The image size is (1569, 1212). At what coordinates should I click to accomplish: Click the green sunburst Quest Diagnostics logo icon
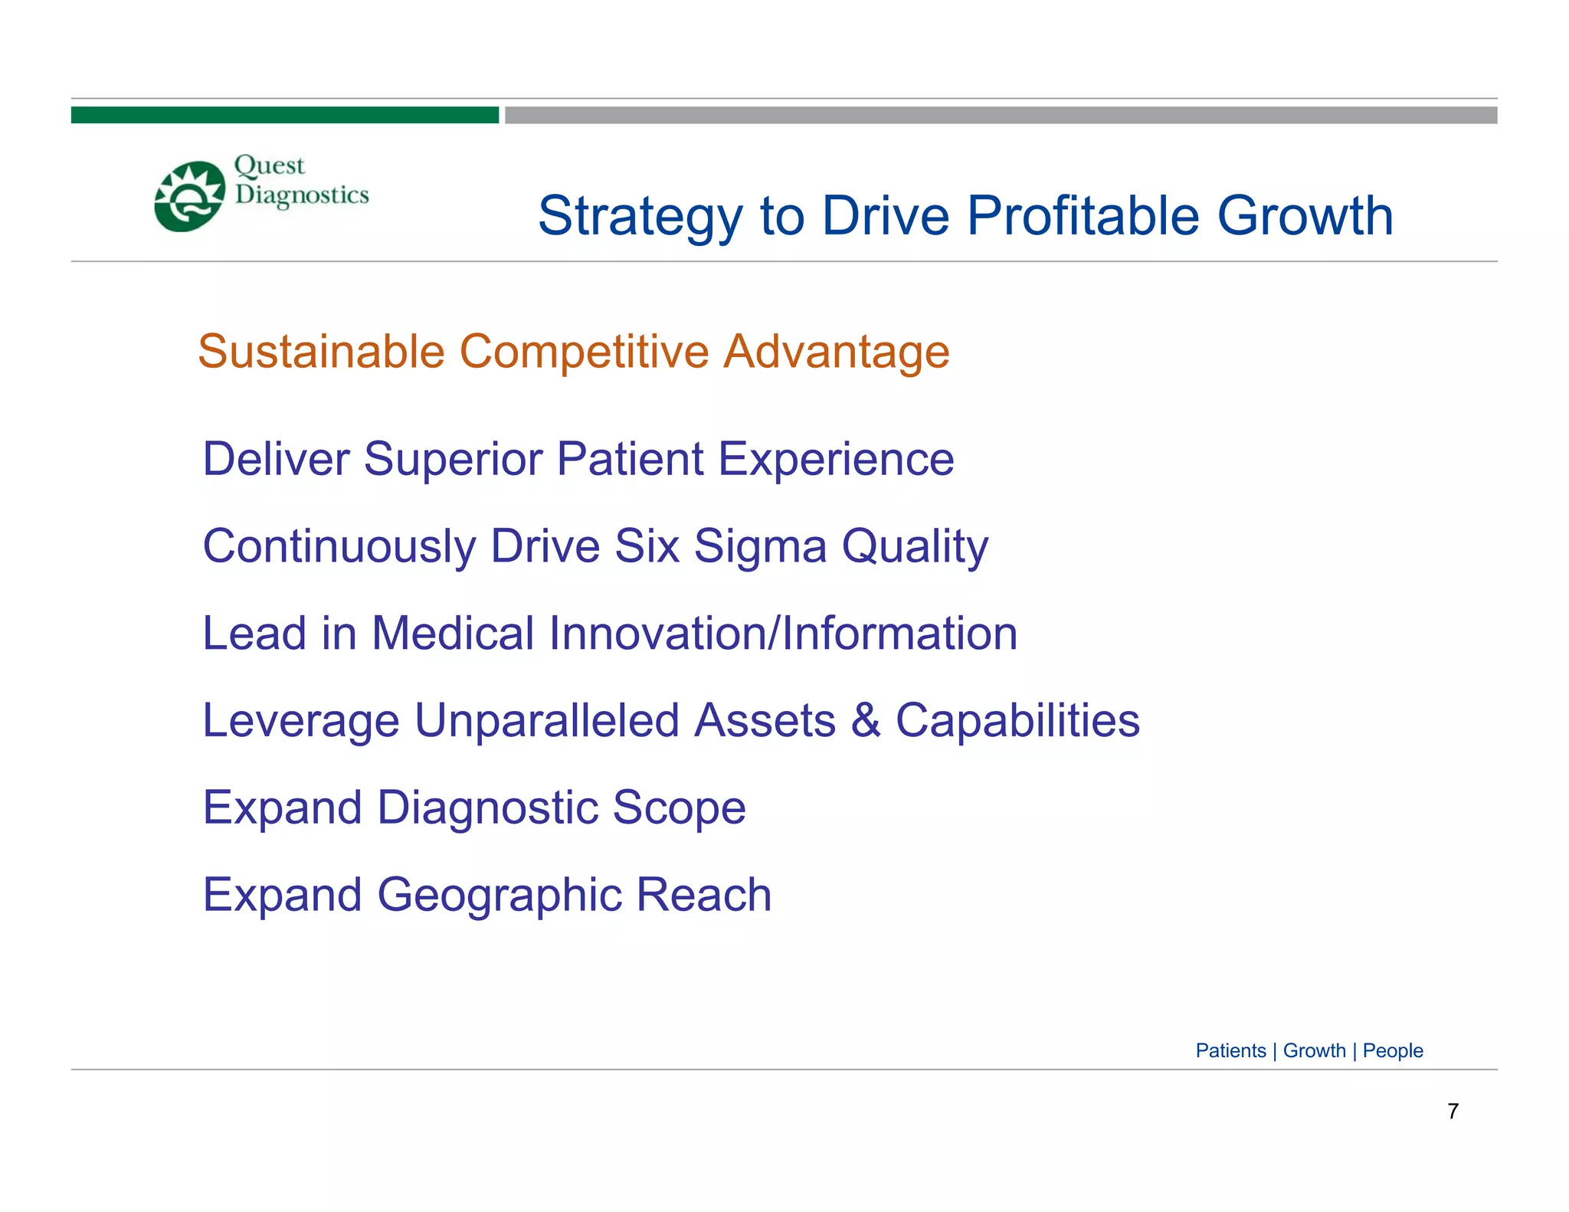point(189,196)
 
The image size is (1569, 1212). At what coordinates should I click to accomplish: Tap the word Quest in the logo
point(269,166)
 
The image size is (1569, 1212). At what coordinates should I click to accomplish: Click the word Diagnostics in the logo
point(302,195)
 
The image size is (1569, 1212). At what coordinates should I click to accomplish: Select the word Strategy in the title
point(640,217)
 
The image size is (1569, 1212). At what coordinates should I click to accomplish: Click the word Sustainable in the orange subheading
point(321,352)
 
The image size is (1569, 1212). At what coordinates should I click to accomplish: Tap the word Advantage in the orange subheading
point(837,353)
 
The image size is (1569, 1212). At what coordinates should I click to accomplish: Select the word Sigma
point(760,547)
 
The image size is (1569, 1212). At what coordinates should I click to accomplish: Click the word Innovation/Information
point(783,634)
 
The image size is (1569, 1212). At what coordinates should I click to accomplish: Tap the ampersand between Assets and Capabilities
point(866,721)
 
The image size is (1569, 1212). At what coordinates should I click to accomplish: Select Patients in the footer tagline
point(1230,1050)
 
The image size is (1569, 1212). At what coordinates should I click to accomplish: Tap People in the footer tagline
point(1392,1051)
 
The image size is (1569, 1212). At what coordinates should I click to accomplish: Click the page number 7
point(1453,1111)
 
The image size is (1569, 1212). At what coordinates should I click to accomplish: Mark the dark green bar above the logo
point(284,115)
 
